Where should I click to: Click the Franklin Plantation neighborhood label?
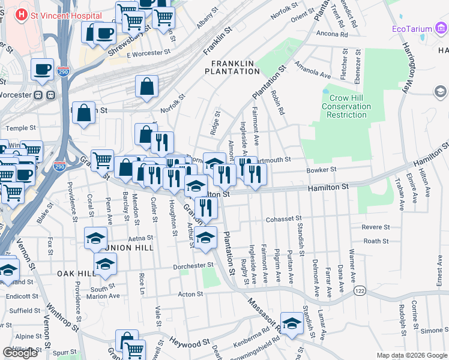point(231,67)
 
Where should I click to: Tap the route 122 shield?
point(360,290)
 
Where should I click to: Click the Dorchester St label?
point(193,265)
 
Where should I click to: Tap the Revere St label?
point(376,227)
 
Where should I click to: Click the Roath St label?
point(376,241)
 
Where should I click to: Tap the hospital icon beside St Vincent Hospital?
point(22,13)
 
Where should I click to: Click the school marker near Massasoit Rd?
point(292,323)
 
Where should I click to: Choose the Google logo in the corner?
point(20,353)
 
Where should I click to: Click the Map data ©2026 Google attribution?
point(411,355)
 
